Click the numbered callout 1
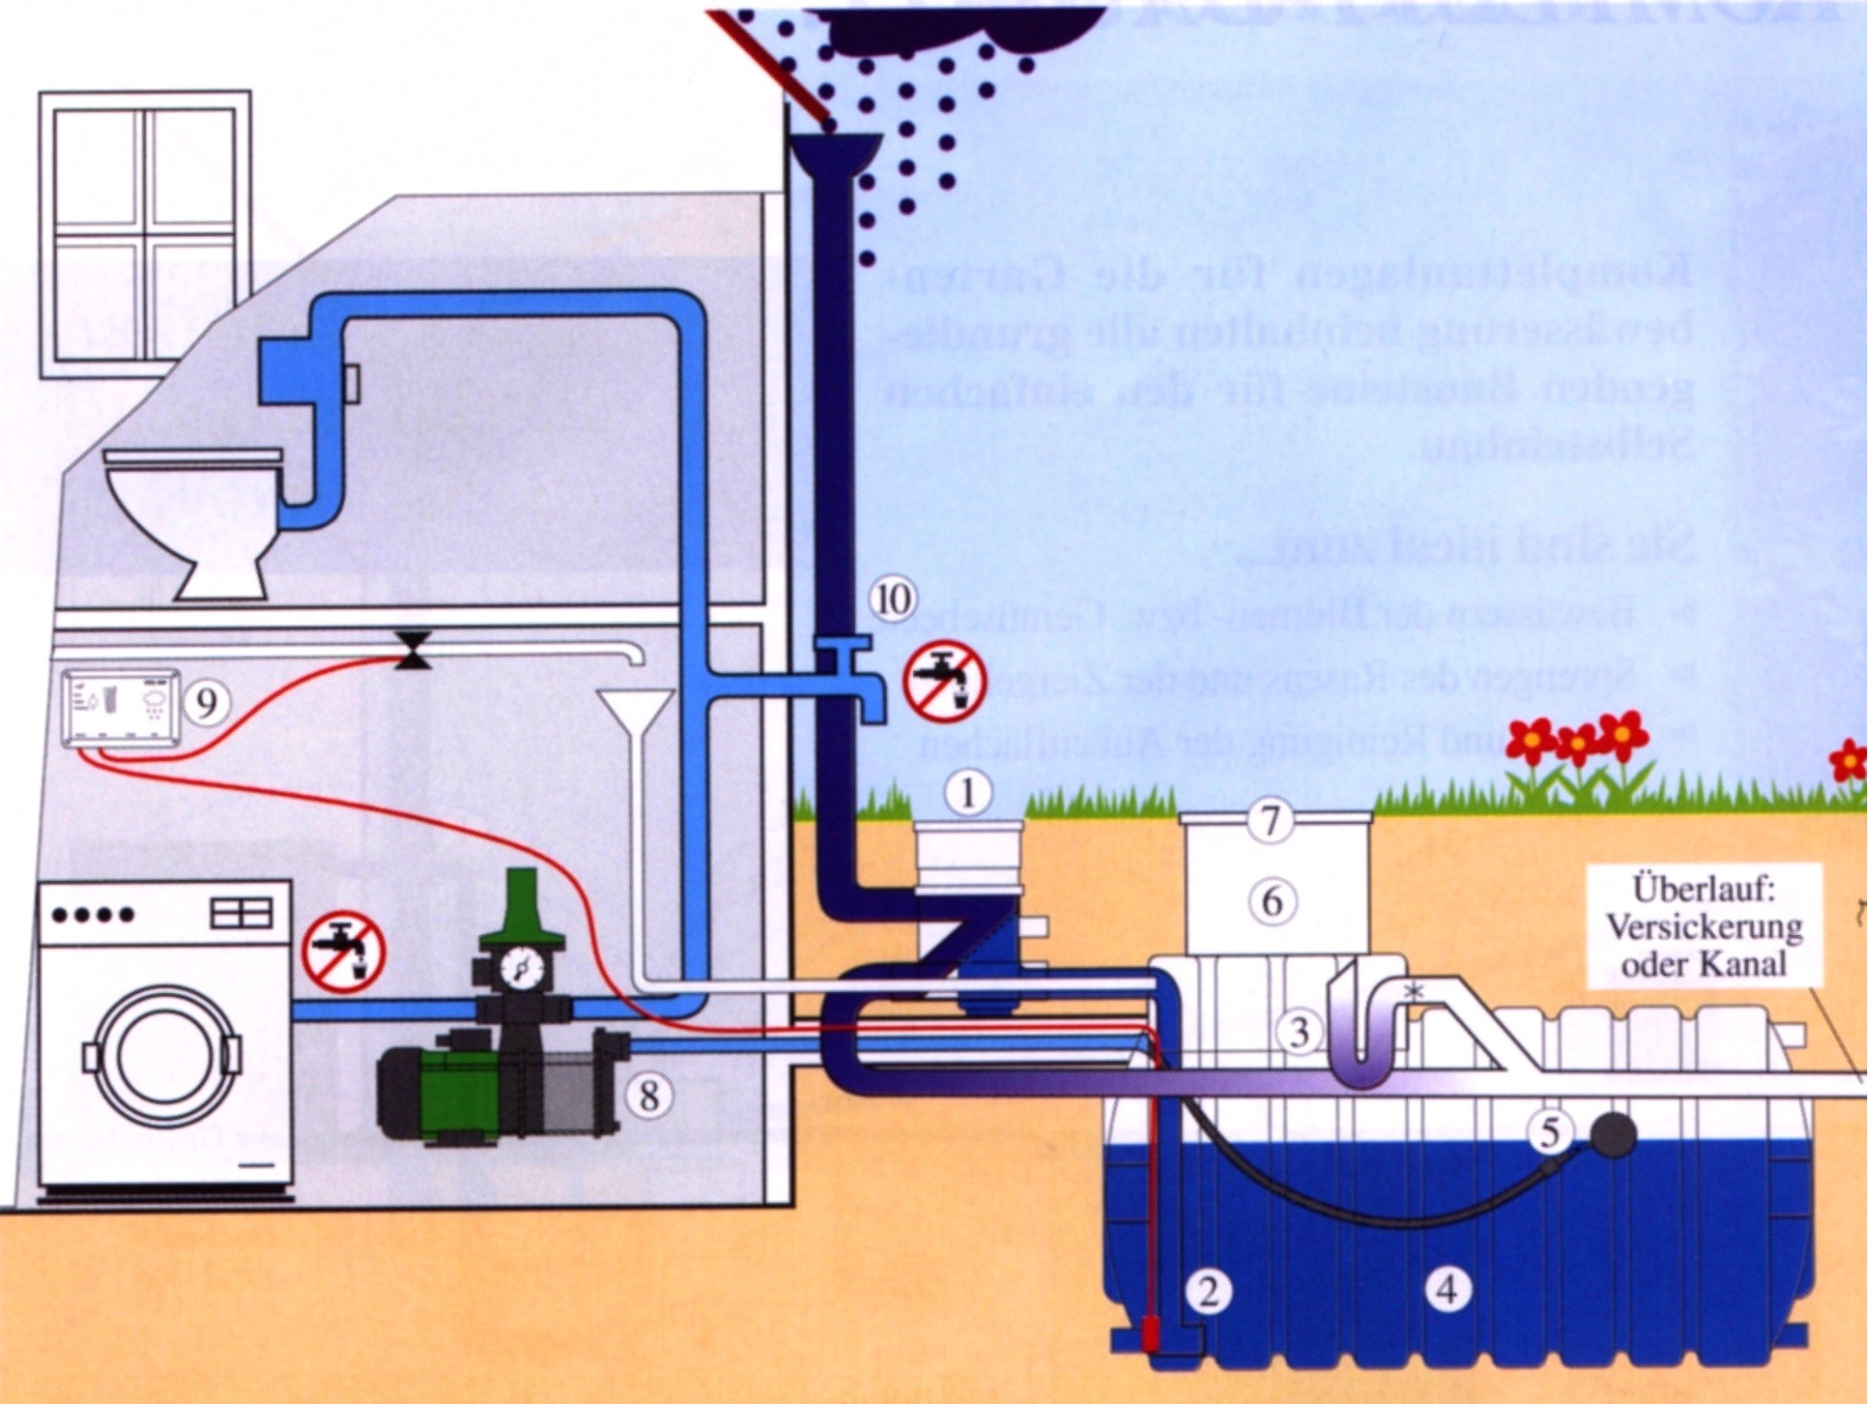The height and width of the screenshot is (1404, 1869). [x=967, y=794]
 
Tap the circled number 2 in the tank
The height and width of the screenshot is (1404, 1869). [x=1207, y=1292]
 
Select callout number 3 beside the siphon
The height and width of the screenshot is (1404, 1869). [x=1300, y=1033]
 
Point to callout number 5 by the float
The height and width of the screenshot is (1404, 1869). [x=1549, y=1132]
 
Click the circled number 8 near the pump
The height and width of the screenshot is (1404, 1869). [x=649, y=1095]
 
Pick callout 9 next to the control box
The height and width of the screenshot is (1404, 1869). [x=206, y=701]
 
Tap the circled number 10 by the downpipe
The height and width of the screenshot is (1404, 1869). [x=892, y=599]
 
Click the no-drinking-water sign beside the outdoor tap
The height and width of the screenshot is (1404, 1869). [x=945, y=680]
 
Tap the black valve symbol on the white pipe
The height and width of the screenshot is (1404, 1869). [x=412, y=650]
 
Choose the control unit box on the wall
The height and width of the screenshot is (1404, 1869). [x=121, y=707]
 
